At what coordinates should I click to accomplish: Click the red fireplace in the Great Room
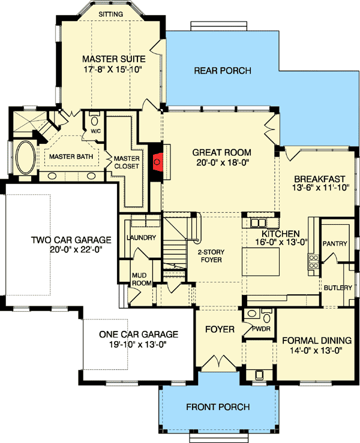(x=157, y=161)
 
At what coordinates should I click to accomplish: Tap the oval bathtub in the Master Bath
(x=25, y=159)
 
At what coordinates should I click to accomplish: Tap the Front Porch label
(x=218, y=407)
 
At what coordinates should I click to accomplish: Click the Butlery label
(x=338, y=288)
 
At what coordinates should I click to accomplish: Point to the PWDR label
(x=261, y=329)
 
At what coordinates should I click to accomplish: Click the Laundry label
(x=142, y=237)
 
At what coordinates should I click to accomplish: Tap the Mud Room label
(x=140, y=279)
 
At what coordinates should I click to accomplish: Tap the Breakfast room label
(x=319, y=179)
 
